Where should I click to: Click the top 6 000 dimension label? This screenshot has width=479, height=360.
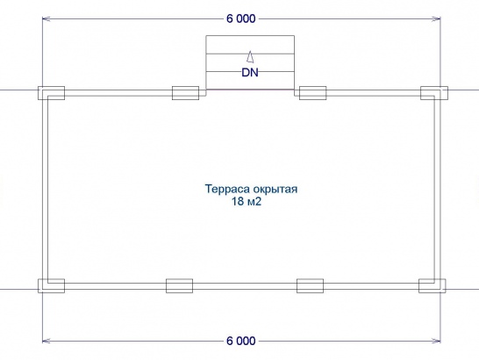[240, 19]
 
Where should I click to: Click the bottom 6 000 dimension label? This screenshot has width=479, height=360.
[240, 341]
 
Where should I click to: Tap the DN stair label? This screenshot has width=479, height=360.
[250, 73]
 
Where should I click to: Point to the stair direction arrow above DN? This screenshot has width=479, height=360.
[250, 57]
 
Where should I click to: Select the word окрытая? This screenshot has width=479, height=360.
[274, 190]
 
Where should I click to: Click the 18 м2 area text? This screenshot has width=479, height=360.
[247, 202]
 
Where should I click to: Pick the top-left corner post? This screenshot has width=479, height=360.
[51, 93]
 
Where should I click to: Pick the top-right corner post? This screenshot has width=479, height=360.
[434, 93]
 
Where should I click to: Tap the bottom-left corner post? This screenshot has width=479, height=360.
[51, 285]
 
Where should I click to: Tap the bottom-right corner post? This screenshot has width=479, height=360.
[432, 285]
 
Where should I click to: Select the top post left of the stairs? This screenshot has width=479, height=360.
[185, 93]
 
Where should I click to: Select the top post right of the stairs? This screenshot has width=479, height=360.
[312, 93]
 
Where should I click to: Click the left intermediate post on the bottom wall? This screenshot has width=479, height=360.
[179, 285]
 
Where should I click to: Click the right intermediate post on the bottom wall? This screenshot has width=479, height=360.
[310, 285]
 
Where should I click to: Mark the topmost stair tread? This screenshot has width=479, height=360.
[250, 45]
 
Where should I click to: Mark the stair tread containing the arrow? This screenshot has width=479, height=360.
[250, 62]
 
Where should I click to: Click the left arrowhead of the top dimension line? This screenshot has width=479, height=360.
[46, 19]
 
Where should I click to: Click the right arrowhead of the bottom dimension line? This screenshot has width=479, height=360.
[436, 341]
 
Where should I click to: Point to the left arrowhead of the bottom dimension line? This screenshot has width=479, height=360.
[46, 341]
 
